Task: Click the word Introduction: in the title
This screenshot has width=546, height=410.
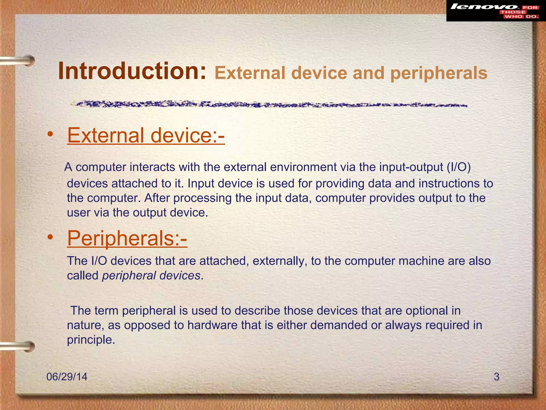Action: (132, 71)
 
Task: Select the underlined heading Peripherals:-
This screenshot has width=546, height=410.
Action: (127, 238)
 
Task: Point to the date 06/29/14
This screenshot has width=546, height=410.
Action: (67, 377)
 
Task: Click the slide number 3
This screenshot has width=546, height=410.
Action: (496, 377)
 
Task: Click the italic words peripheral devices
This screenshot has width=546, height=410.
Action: (151, 275)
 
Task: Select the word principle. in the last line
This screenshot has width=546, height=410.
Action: (91, 340)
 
